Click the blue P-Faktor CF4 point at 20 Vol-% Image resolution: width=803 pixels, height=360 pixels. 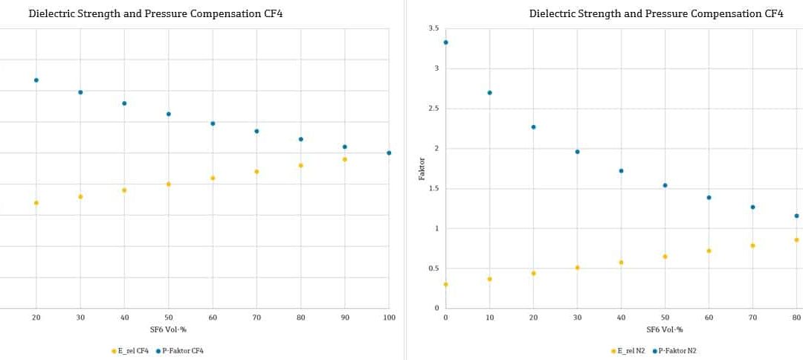(x=36, y=80)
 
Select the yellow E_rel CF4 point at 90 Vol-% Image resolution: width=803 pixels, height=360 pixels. (x=345, y=159)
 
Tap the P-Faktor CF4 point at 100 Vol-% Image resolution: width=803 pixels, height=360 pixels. (x=389, y=152)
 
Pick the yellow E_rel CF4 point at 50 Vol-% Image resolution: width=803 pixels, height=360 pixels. (x=169, y=184)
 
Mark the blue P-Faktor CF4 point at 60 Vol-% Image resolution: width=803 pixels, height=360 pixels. (x=213, y=123)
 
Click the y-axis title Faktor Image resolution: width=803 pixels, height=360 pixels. (x=422, y=168)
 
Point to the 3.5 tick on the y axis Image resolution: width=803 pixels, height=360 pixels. (x=433, y=28)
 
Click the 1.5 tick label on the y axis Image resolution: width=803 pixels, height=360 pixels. (x=433, y=188)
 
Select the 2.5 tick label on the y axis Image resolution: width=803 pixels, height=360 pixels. (x=433, y=109)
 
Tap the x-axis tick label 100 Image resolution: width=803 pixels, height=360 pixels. (x=389, y=318)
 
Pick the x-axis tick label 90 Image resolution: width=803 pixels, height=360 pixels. (x=345, y=318)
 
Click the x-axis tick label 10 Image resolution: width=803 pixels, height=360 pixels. (x=489, y=318)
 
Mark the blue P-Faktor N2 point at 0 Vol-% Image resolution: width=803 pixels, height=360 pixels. (x=445, y=42)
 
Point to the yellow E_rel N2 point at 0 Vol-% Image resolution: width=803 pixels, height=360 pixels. (x=445, y=284)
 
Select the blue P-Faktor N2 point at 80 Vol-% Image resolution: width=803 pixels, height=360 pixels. (x=796, y=216)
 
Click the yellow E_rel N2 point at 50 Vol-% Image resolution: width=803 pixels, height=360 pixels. (x=665, y=257)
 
